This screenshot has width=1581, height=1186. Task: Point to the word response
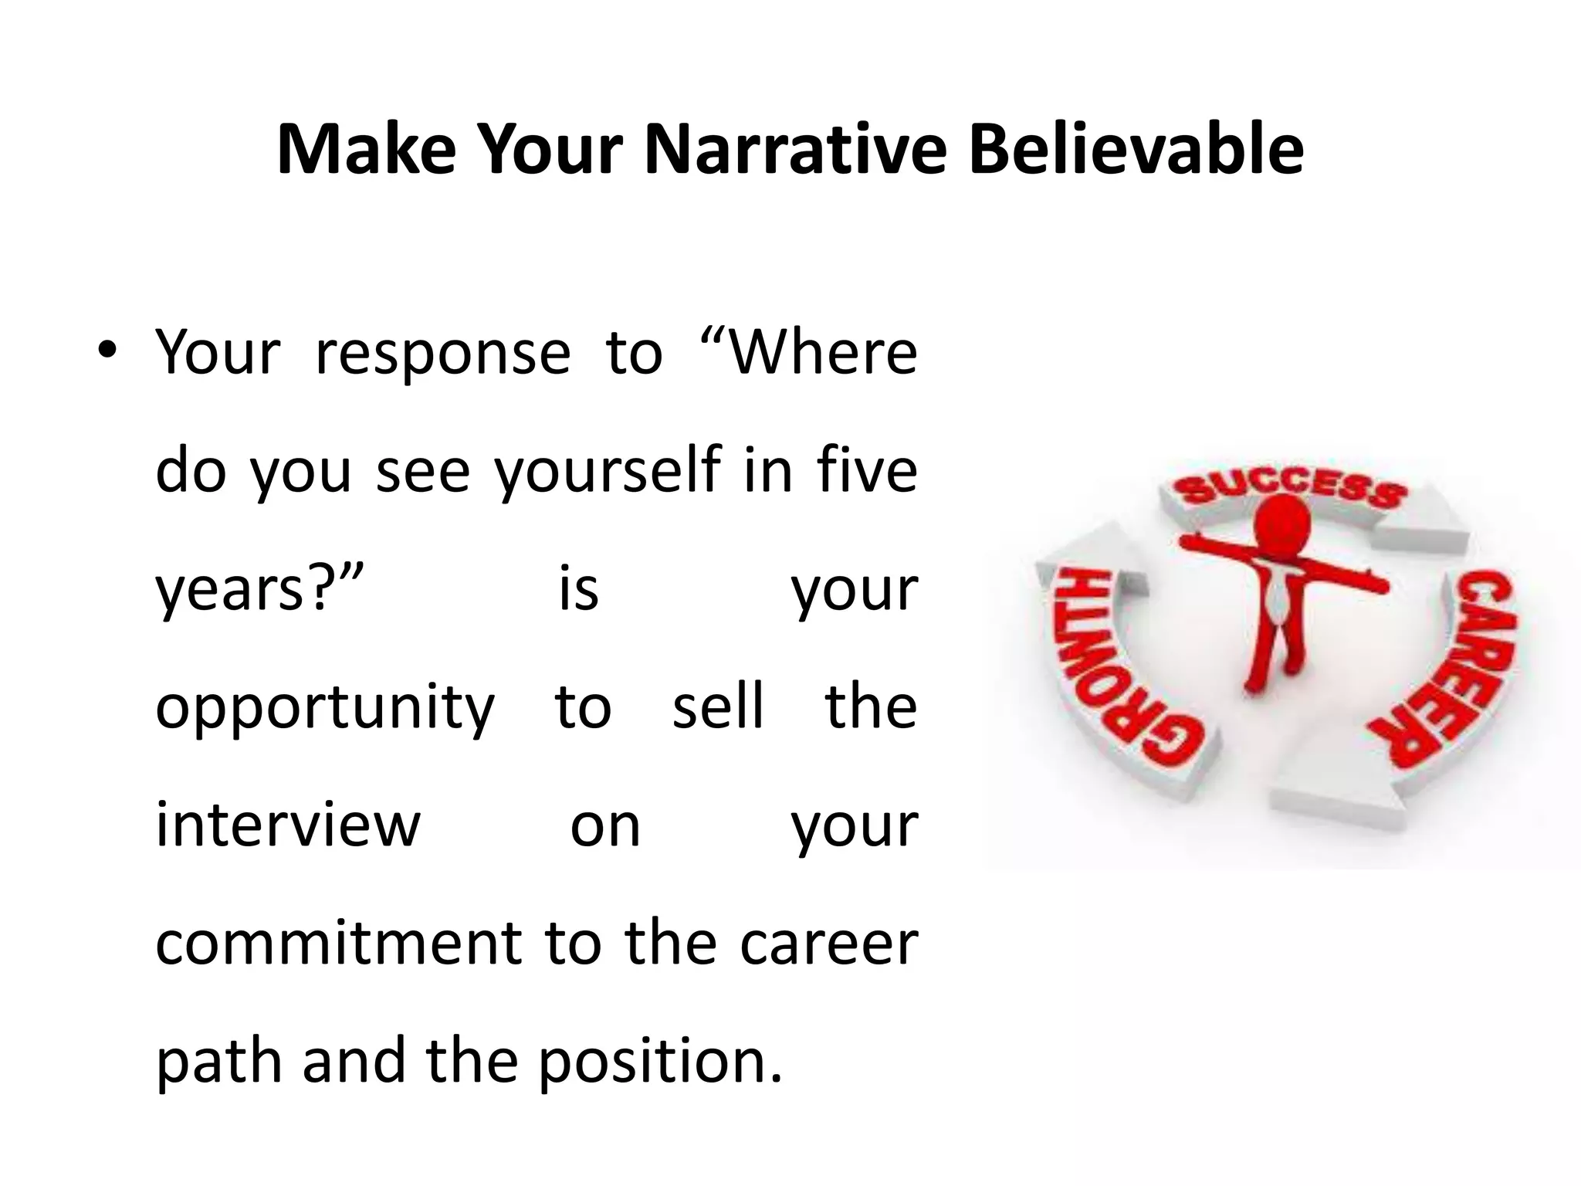443,354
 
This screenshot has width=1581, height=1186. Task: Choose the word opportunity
325,708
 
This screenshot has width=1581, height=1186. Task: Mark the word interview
288,824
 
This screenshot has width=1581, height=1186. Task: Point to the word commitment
339,943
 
